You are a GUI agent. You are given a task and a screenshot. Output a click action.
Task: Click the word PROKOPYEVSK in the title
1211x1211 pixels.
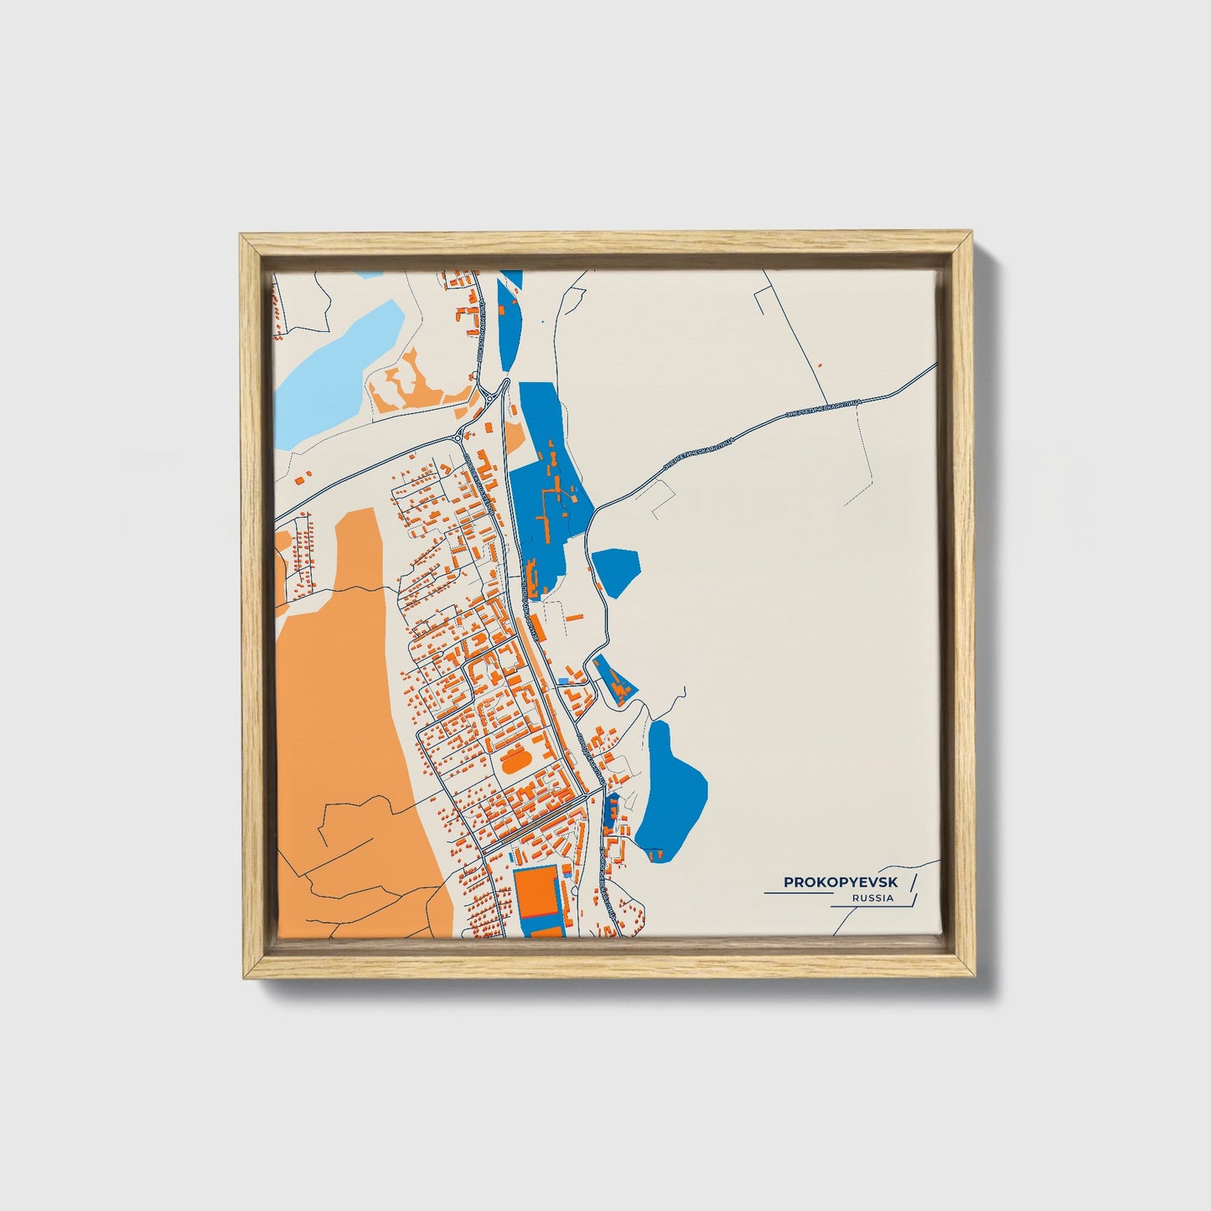click(x=840, y=882)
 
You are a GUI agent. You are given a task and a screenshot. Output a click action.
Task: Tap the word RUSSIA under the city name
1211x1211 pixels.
click(x=872, y=898)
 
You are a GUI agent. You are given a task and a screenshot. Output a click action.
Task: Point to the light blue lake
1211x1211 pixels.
click(x=335, y=369)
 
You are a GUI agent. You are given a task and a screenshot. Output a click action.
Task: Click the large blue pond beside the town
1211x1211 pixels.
click(x=670, y=788)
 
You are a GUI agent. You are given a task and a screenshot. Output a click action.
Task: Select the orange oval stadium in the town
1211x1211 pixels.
click(x=512, y=764)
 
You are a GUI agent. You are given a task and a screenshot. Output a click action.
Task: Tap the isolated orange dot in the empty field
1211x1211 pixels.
click(x=820, y=365)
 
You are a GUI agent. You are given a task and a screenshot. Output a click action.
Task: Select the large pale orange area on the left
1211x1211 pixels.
click(x=352, y=729)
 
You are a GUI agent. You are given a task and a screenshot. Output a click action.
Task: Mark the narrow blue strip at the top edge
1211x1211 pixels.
click(x=508, y=318)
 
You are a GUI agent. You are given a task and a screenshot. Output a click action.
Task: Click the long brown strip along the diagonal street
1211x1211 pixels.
click(x=536, y=670)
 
